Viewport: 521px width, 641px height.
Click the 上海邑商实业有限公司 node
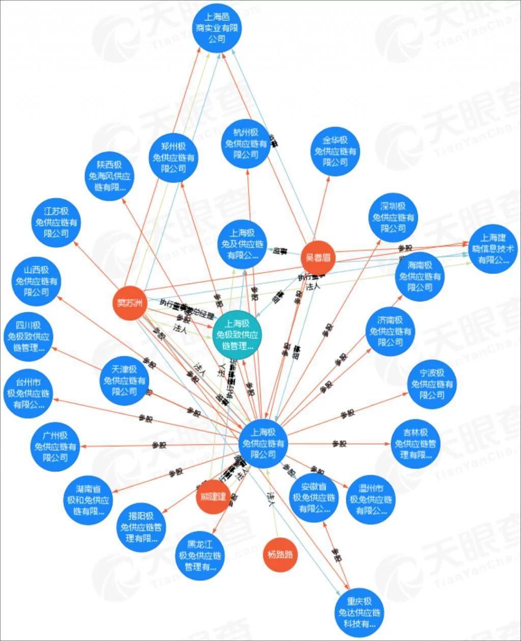tap(217, 28)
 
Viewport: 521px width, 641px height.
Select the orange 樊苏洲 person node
tap(129, 304)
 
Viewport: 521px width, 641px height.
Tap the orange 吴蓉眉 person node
tap(318, 257)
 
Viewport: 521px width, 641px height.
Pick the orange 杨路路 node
tap(280, 554)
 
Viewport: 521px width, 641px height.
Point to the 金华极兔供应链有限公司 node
tap(335, 151)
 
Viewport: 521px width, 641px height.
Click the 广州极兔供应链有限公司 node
tap(55, 446)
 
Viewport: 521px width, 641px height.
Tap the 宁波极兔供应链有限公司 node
tap(431, 384)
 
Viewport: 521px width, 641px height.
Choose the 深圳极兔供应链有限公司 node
tap(393, 217)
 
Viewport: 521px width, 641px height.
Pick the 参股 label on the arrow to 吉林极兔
tap(339, 444)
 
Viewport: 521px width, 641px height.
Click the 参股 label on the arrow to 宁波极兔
tap(348, 414)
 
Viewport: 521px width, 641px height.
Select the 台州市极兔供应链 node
tap(27, 393)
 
